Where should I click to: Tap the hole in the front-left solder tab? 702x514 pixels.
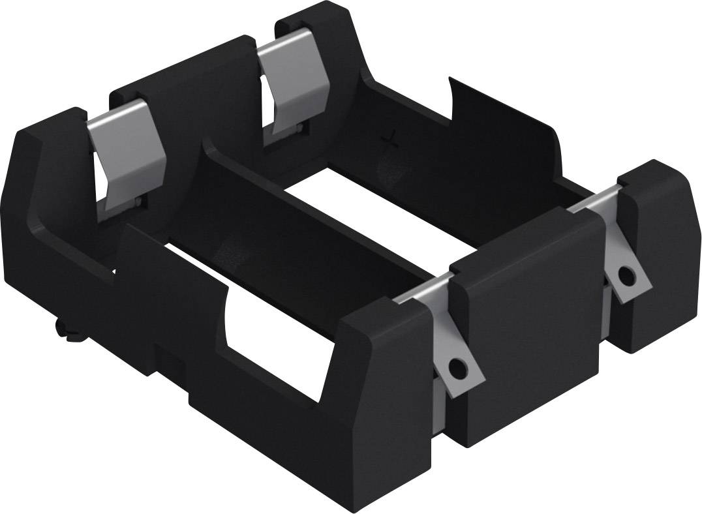(463, 369)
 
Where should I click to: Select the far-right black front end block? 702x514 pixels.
(656, 254)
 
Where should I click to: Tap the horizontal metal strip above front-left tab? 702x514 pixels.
(424, 290)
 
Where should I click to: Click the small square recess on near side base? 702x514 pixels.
(160, 355)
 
